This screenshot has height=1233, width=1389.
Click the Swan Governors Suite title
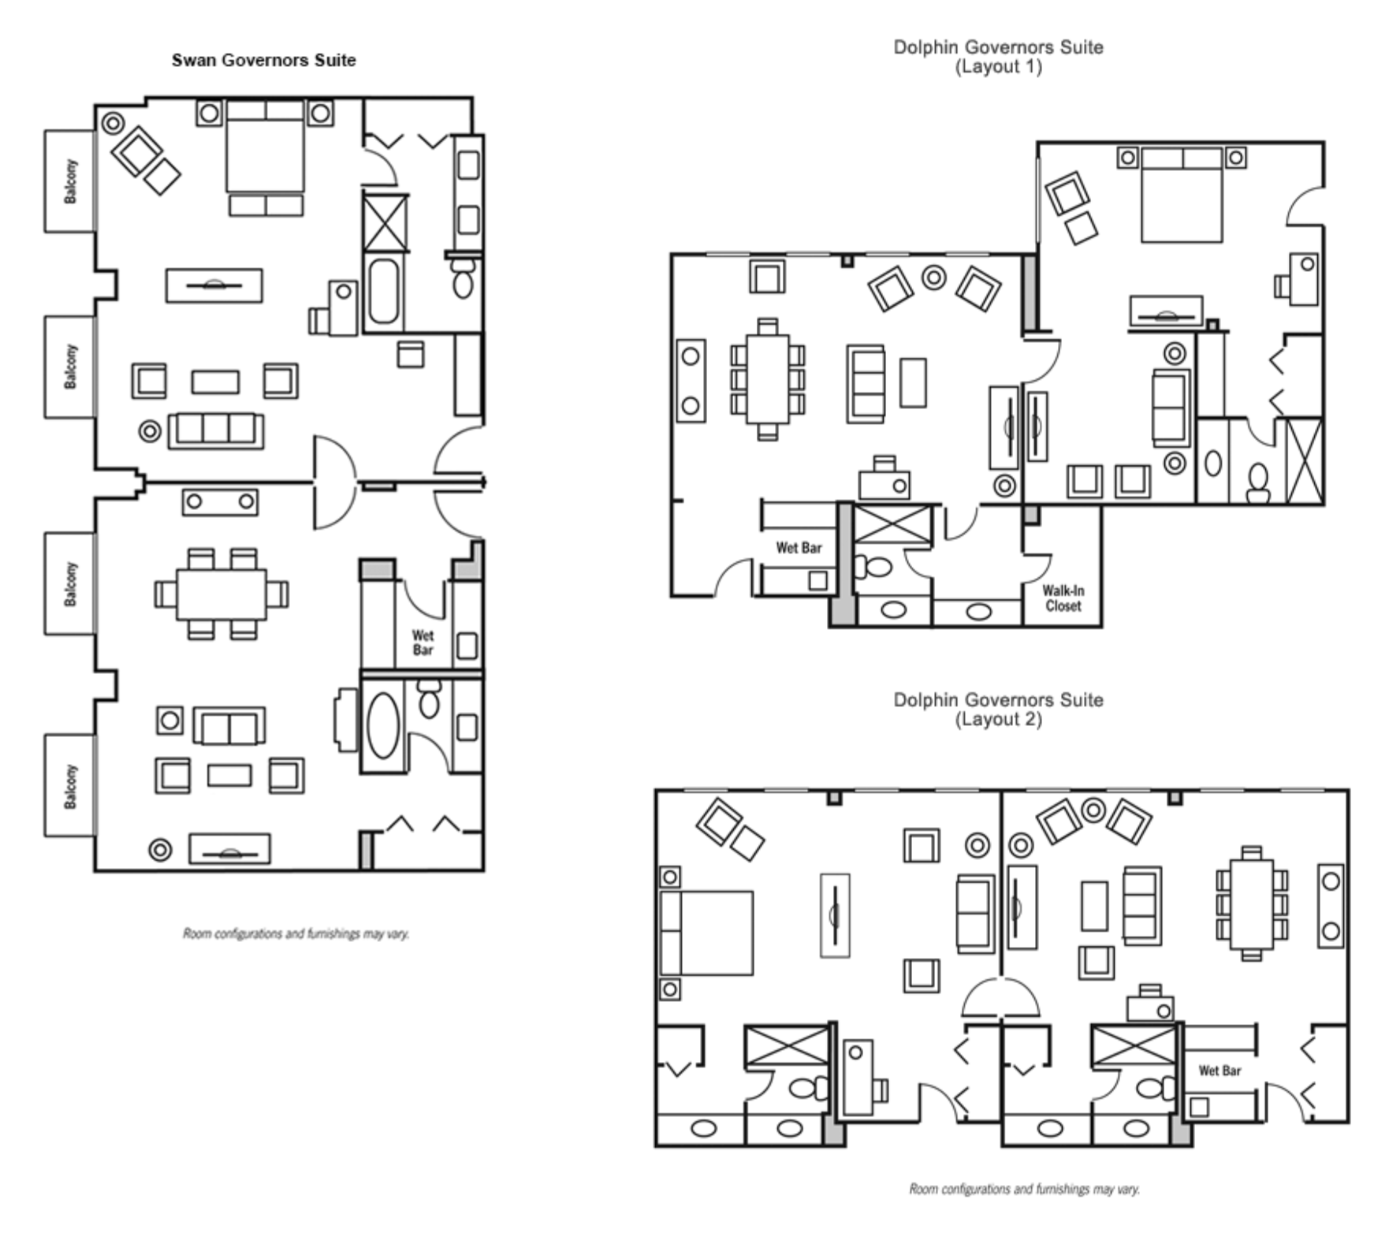[263, 61]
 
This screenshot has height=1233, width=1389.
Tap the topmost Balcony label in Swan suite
[71, 181]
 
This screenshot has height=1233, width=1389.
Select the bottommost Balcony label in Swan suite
[71, 786]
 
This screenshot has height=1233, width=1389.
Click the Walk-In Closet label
[1063, 598]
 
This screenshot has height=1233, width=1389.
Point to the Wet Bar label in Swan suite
[423, 642]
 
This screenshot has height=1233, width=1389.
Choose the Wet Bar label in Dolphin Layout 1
[799, 548]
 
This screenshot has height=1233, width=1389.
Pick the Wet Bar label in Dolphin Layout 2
[1220, 1071]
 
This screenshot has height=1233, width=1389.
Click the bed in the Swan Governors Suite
[265, 150]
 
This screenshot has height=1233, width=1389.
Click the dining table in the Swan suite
[222, 594]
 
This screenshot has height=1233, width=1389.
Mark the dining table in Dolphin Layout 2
[1251, 903]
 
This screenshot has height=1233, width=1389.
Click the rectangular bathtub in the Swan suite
[383, 292]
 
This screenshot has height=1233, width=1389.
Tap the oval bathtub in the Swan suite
[383, 725]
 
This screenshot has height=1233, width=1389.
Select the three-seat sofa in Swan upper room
[215, 430]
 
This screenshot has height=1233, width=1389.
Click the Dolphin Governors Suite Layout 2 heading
[998, 709]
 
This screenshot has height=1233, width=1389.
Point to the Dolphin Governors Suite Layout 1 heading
[998, 56]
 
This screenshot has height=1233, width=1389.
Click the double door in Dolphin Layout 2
[1000, 1000]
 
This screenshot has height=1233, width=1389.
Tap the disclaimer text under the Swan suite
[296, 933]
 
